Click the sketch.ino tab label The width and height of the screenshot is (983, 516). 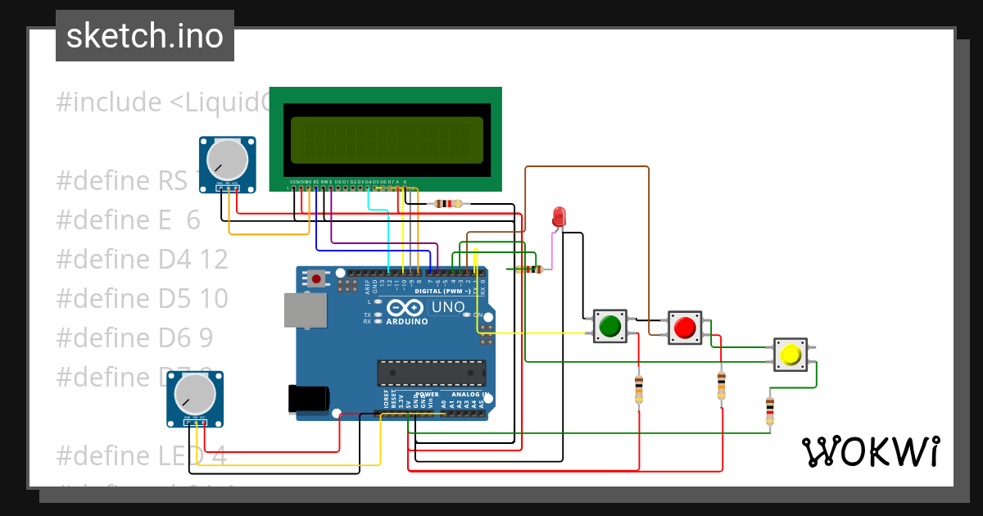coord(145,36)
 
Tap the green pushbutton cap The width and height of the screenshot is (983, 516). coord(609,327)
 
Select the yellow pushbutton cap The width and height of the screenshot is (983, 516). coord(790,355)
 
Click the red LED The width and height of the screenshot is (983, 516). coord(559,216)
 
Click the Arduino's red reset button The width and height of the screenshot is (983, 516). coord(316,279)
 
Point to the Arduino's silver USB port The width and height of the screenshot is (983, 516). coord(305,311)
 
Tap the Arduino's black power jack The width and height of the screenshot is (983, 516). coord(308,399)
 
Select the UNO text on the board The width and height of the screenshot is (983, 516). coord(448,307)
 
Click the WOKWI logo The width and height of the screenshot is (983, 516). coord(870,451)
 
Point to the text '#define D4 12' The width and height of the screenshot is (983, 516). coord(142,259)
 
